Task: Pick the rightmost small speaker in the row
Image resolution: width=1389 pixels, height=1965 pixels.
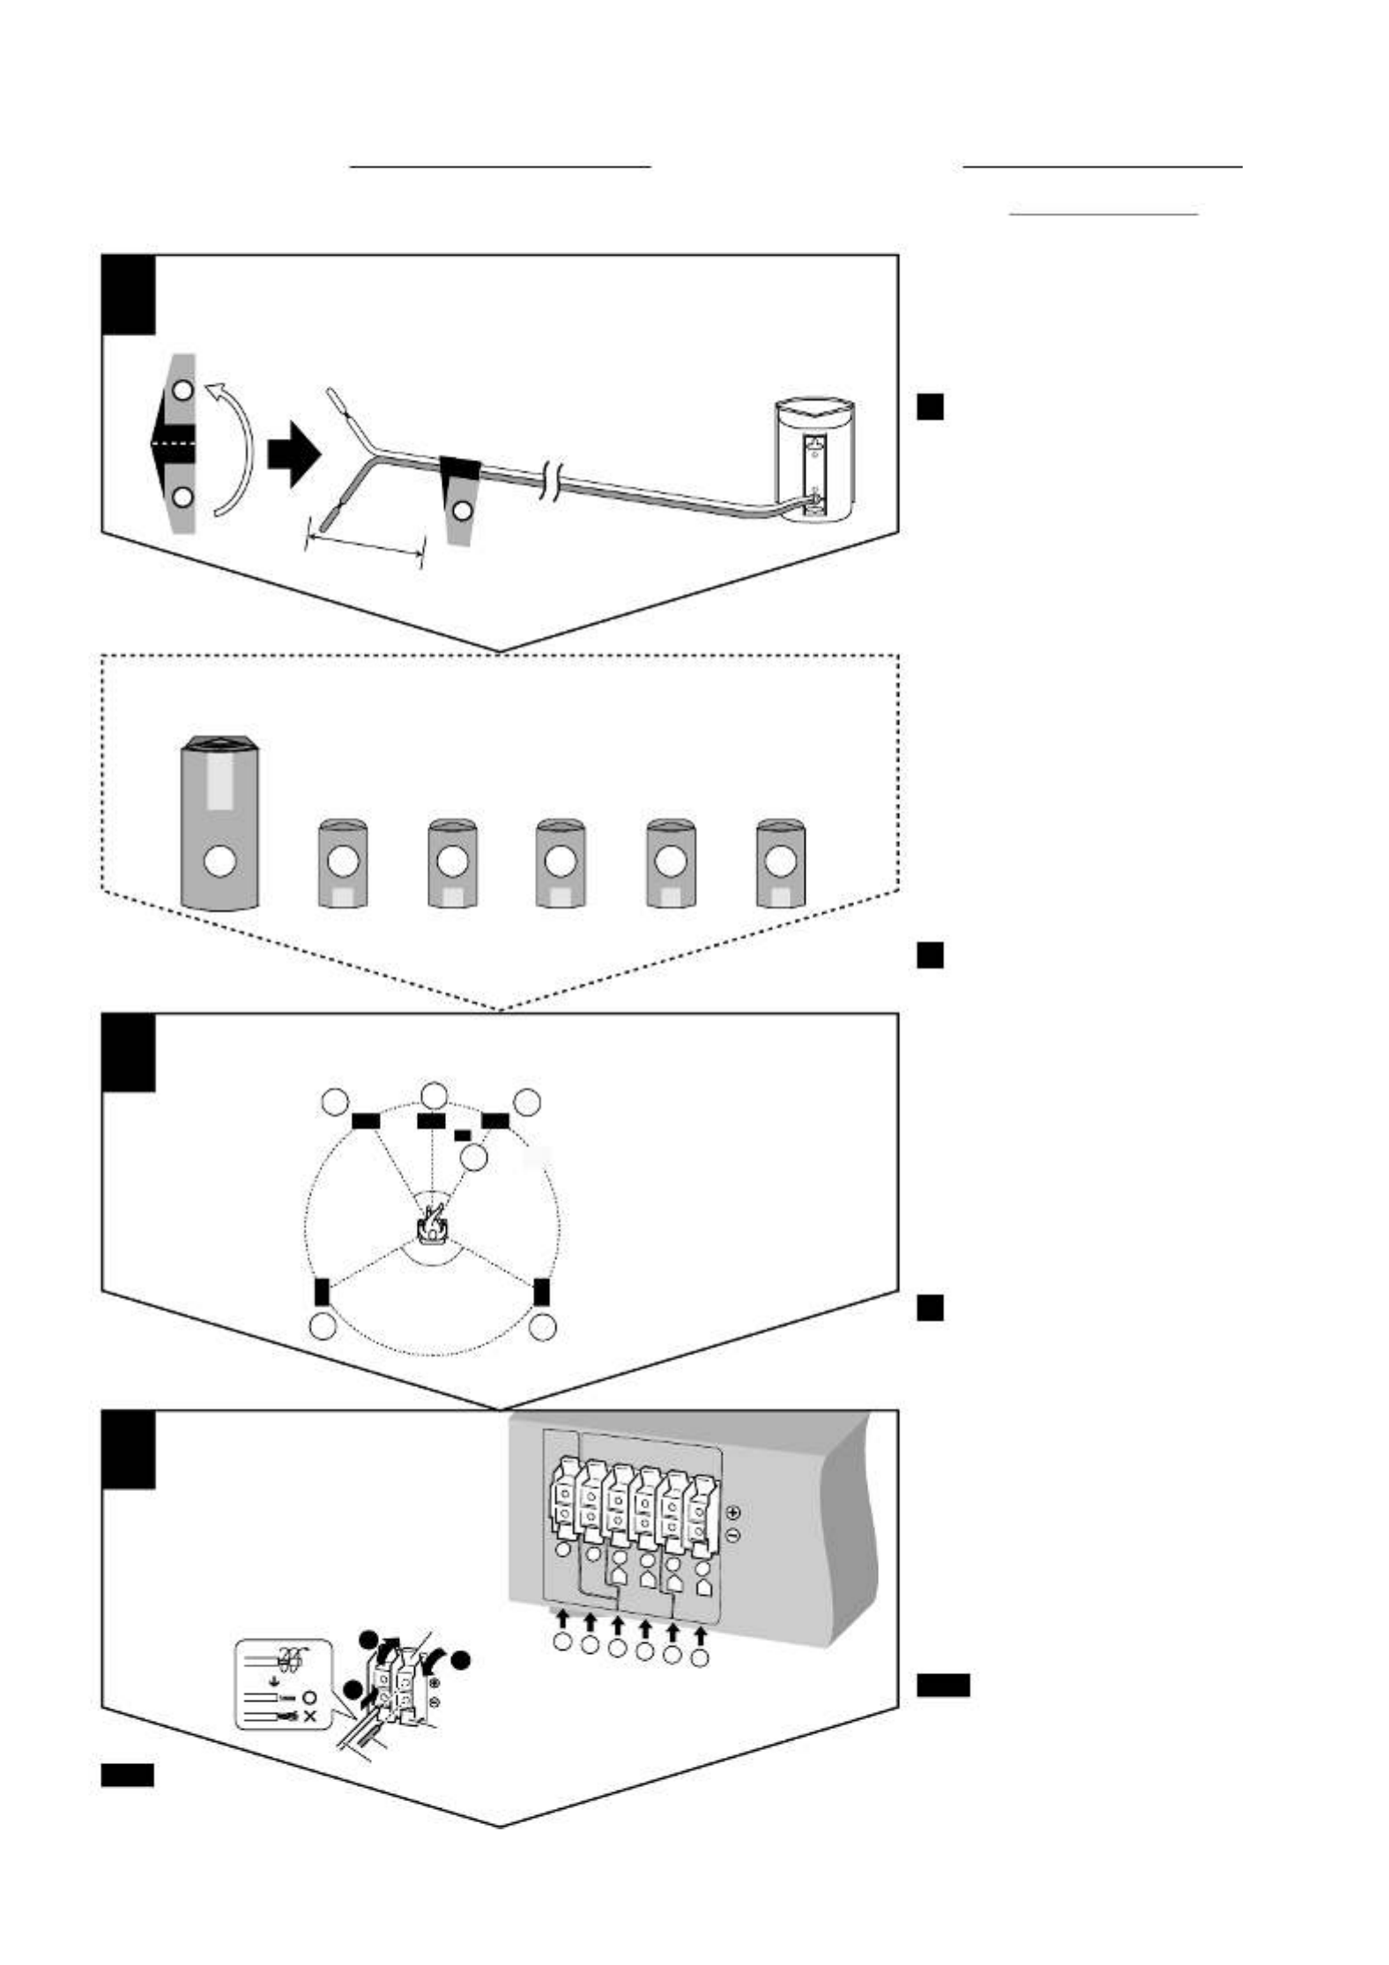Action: point(780,864)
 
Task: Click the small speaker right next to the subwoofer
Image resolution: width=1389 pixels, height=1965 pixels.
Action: point(343,864)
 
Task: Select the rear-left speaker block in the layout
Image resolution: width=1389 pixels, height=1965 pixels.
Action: point(322,1292)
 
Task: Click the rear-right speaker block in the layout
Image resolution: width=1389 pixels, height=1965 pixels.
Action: point(541,1291)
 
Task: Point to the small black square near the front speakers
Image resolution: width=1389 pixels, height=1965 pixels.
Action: point(463,1136)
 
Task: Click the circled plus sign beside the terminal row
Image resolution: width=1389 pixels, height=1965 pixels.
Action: point(733,1512)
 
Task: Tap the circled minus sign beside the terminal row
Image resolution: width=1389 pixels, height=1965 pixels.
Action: point(733,1535)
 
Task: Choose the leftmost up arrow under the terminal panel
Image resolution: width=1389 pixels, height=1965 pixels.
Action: point(562,1618)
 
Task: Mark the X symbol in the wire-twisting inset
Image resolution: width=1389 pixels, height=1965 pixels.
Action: point(308,1717)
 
